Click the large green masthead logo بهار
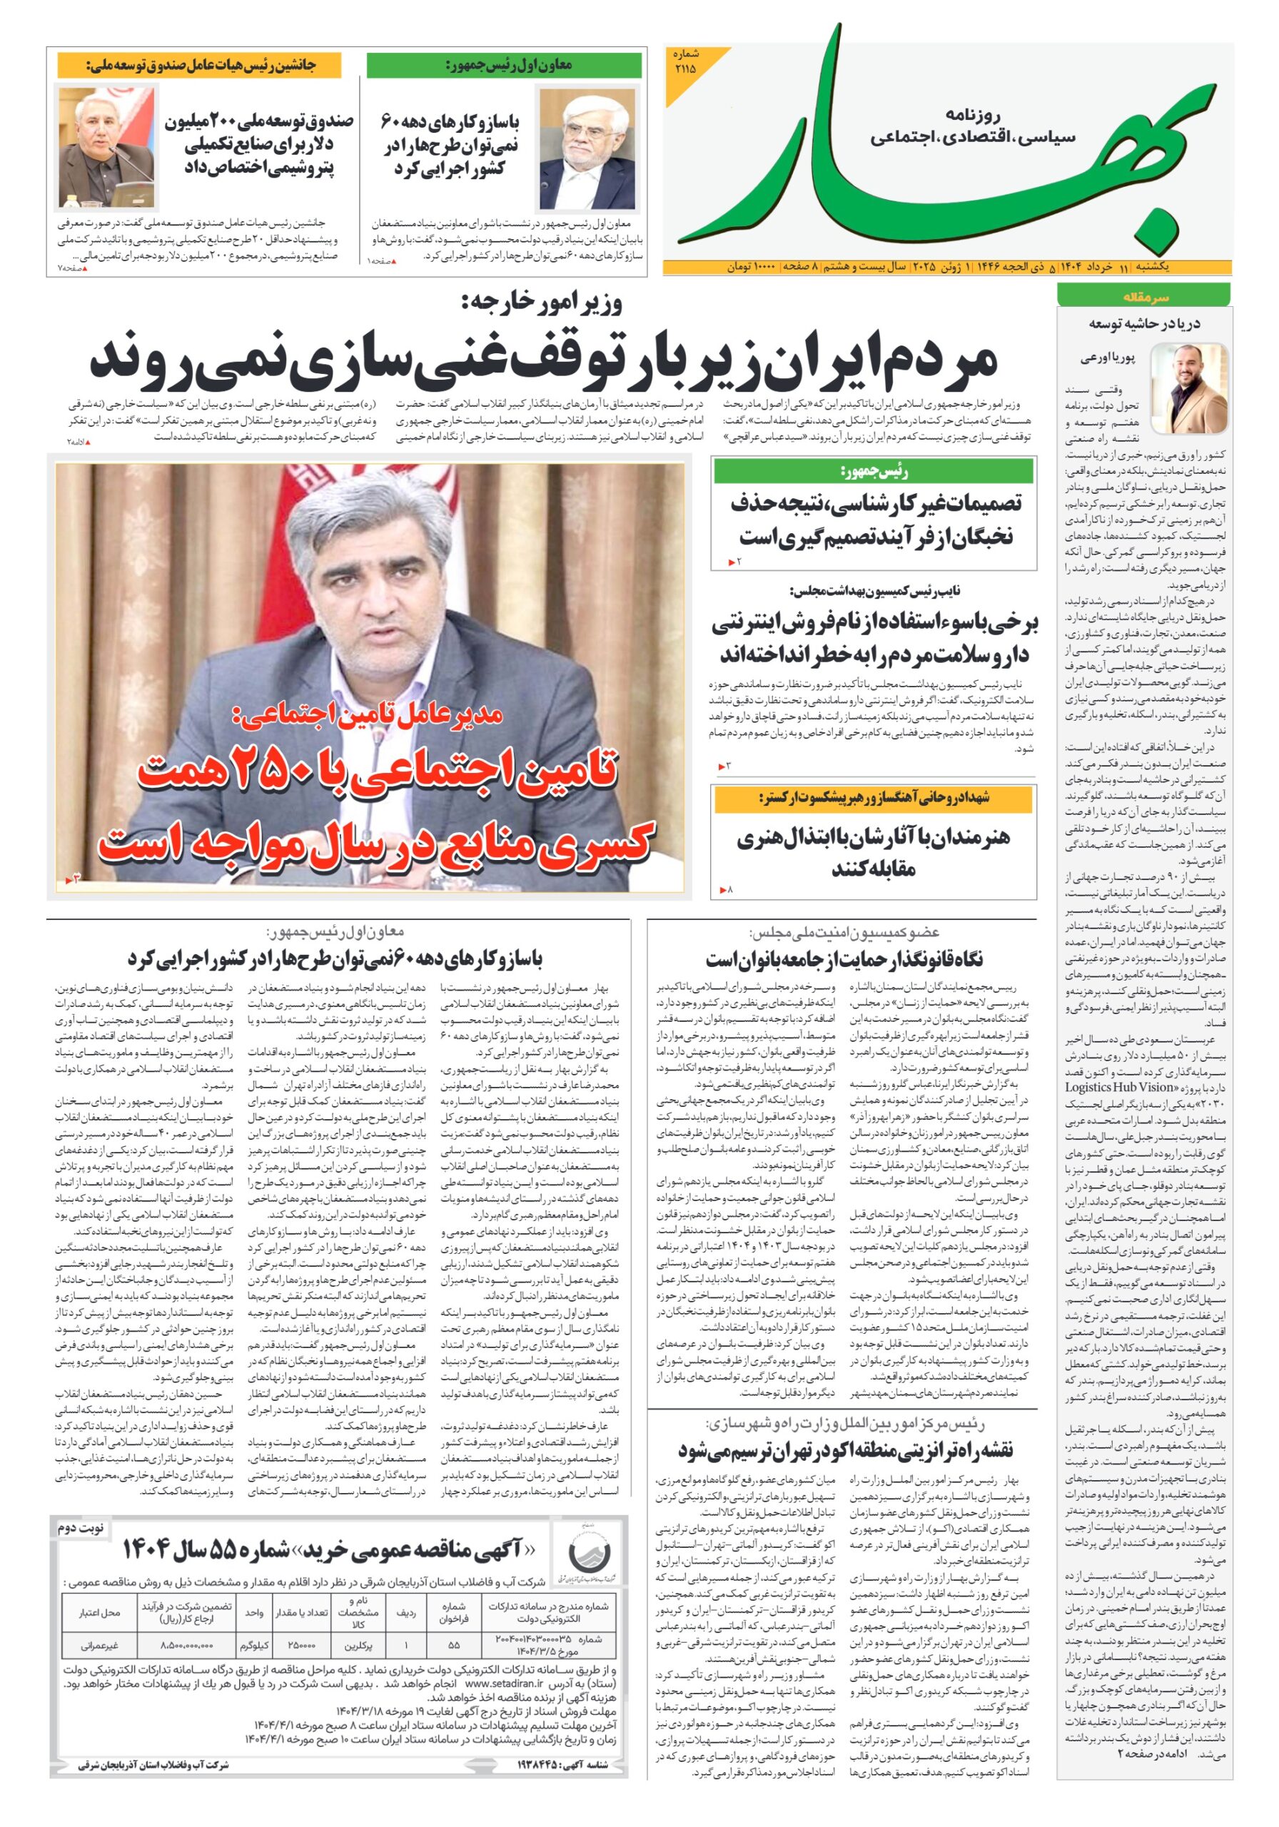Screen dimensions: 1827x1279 (939, 151)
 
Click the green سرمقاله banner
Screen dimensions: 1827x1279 (1142, 296)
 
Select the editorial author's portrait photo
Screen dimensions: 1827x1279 (1189, 388)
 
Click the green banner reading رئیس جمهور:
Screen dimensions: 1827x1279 (873, 471)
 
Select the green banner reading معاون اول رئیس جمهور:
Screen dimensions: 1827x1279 (504, 64)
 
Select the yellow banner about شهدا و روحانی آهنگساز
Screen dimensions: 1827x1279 (873, 798)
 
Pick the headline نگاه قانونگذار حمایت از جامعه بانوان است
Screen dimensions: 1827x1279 (844, 958)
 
